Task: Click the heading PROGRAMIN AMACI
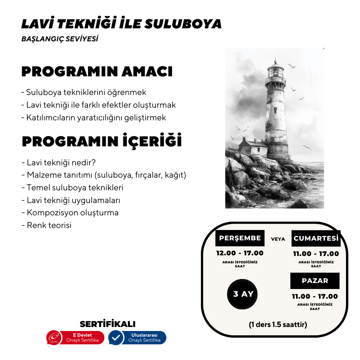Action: [97, 72]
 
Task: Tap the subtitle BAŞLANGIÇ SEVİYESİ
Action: [60, 39]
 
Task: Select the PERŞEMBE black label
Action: [240, 238]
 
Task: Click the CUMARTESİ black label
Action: [316, 238]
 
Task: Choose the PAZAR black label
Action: [315, 281]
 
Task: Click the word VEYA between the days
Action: [278, 239]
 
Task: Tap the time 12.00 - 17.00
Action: [240, 253]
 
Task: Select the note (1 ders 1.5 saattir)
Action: [278, 324]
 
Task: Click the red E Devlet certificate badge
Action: [76, 338]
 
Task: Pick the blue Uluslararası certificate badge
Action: [137, 338]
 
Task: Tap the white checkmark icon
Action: [116, 338]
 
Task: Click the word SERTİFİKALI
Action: [108, 324]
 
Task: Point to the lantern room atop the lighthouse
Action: [275, 72]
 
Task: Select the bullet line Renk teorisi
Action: [47, 225]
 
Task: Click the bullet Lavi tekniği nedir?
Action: [59, 163]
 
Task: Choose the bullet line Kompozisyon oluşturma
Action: [70, 213]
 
